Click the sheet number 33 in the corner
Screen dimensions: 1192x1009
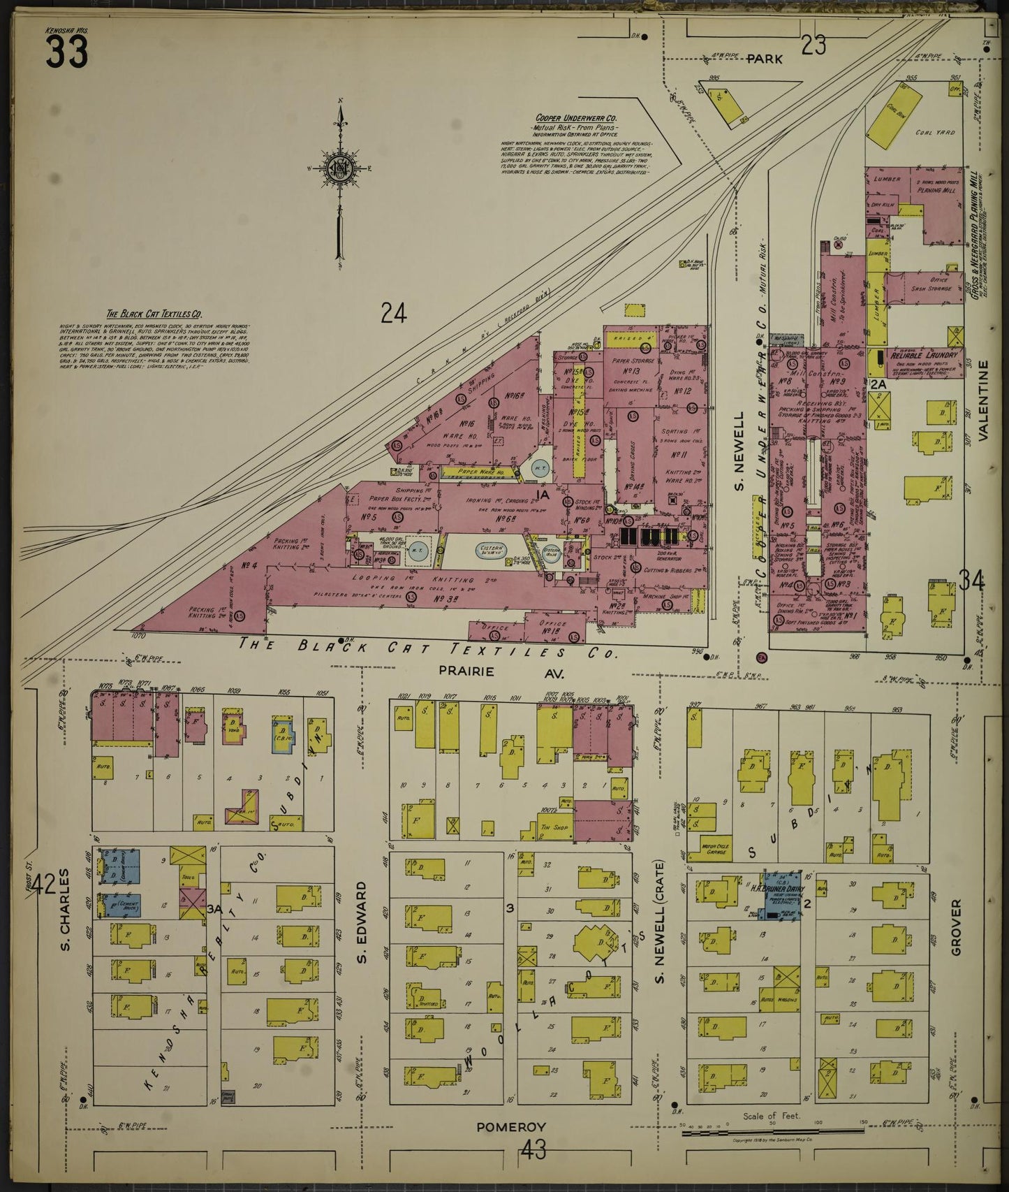[67, 52]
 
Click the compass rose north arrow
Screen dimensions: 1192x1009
[339, 175]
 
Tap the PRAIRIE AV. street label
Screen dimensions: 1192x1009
[500, 672]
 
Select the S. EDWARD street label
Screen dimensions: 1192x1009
[362, 922]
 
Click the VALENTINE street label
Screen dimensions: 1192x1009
[984, 400]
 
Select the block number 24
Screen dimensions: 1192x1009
[394, 314]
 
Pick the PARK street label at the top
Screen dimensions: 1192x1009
[765, 59]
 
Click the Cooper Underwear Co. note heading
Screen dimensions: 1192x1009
[575, 119]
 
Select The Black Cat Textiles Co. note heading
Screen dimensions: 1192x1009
[154, 314]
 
